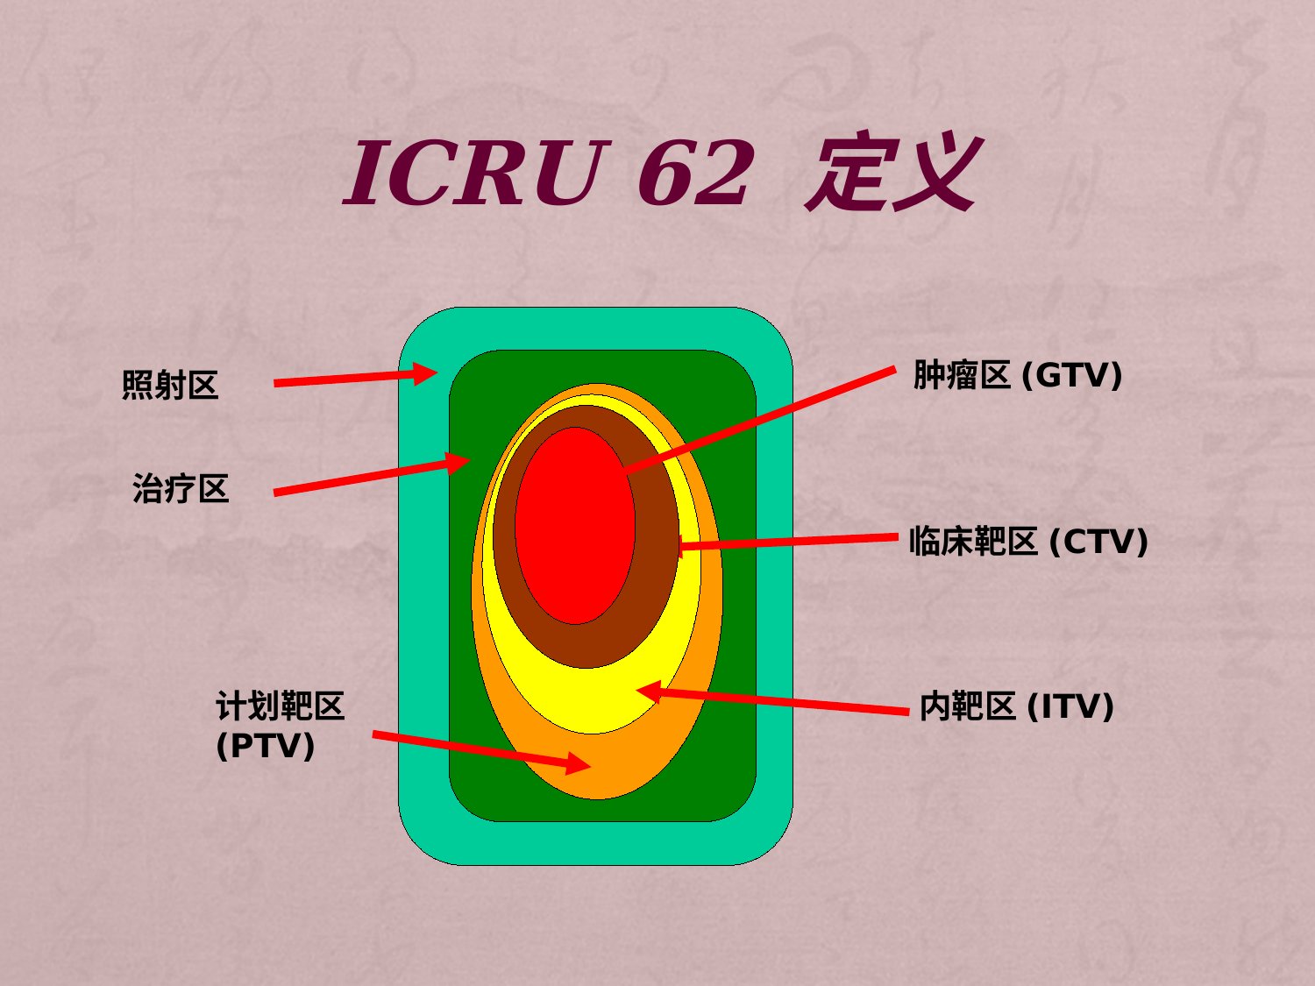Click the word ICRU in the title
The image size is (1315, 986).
[x=477, y=173]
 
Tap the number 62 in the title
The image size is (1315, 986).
[x=693, y=173]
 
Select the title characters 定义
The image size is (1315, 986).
[x=894, y=173]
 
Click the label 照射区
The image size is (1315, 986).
[x=169, y=385]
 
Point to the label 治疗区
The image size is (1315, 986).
[x=181, y=488]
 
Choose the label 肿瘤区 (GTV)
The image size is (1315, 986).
[x=1017, y=375]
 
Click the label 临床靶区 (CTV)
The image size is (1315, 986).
[x=1028, y=541]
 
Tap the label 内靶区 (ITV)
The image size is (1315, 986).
[x=1017, y=706]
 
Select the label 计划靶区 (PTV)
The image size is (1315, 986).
[x=280, y=725]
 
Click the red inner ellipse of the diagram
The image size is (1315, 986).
[x=574, y=526]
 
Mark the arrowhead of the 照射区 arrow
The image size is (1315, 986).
[x=426, y=373]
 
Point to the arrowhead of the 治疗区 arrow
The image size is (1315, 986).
[x=458, y=462]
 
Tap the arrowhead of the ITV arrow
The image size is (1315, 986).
[x=650, y=692]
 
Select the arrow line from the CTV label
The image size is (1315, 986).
[x=788, y=541]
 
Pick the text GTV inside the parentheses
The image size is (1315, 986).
[x=1071, y=376]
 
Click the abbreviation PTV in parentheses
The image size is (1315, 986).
[x=265, y=745]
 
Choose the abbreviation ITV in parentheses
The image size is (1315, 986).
[x=1070, y=706]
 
